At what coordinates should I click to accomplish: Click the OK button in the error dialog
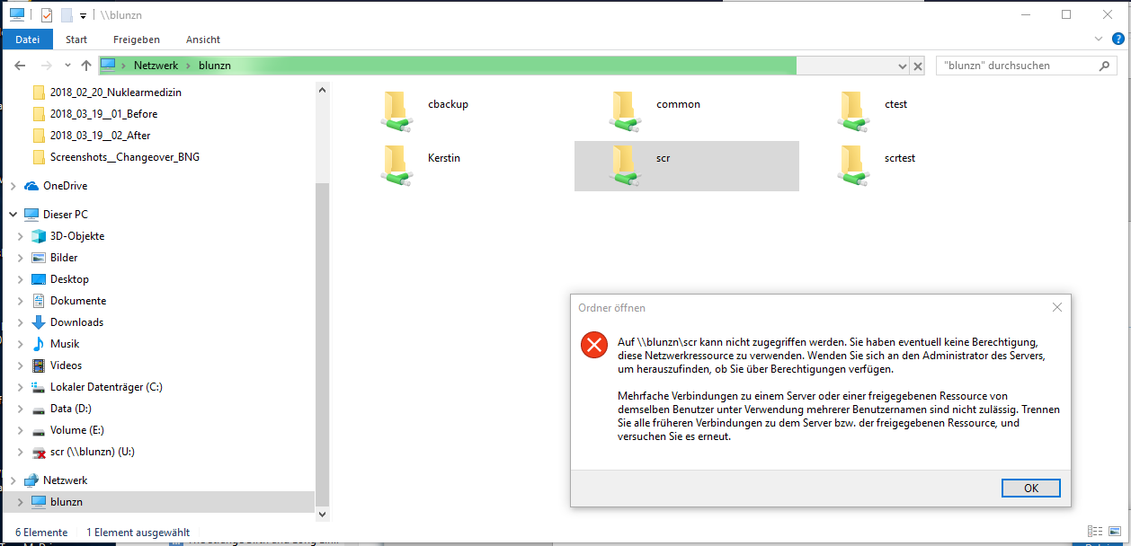pos(1030,488)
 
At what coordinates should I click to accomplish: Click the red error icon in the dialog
pos(594,345)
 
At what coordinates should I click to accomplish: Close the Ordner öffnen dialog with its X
pos(1056,307)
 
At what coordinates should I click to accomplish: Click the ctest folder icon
pos(853,111)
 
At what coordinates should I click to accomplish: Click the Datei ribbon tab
pos(27,40)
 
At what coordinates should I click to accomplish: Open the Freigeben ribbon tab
pos(137,40)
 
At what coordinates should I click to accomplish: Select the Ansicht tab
pos(203,40)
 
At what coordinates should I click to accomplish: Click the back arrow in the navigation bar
pos(20,66)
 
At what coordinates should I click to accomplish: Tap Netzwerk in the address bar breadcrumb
pos(156,66)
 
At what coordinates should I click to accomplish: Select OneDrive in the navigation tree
pos(65,186)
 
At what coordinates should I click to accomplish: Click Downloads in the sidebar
pos(76,322)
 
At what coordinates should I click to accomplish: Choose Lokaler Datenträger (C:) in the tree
pos(106,387)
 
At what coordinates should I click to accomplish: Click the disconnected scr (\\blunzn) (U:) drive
pos(93,452)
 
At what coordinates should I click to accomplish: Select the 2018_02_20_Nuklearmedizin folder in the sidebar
pos(116,92)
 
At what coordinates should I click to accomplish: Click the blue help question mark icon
pos(1118,39)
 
